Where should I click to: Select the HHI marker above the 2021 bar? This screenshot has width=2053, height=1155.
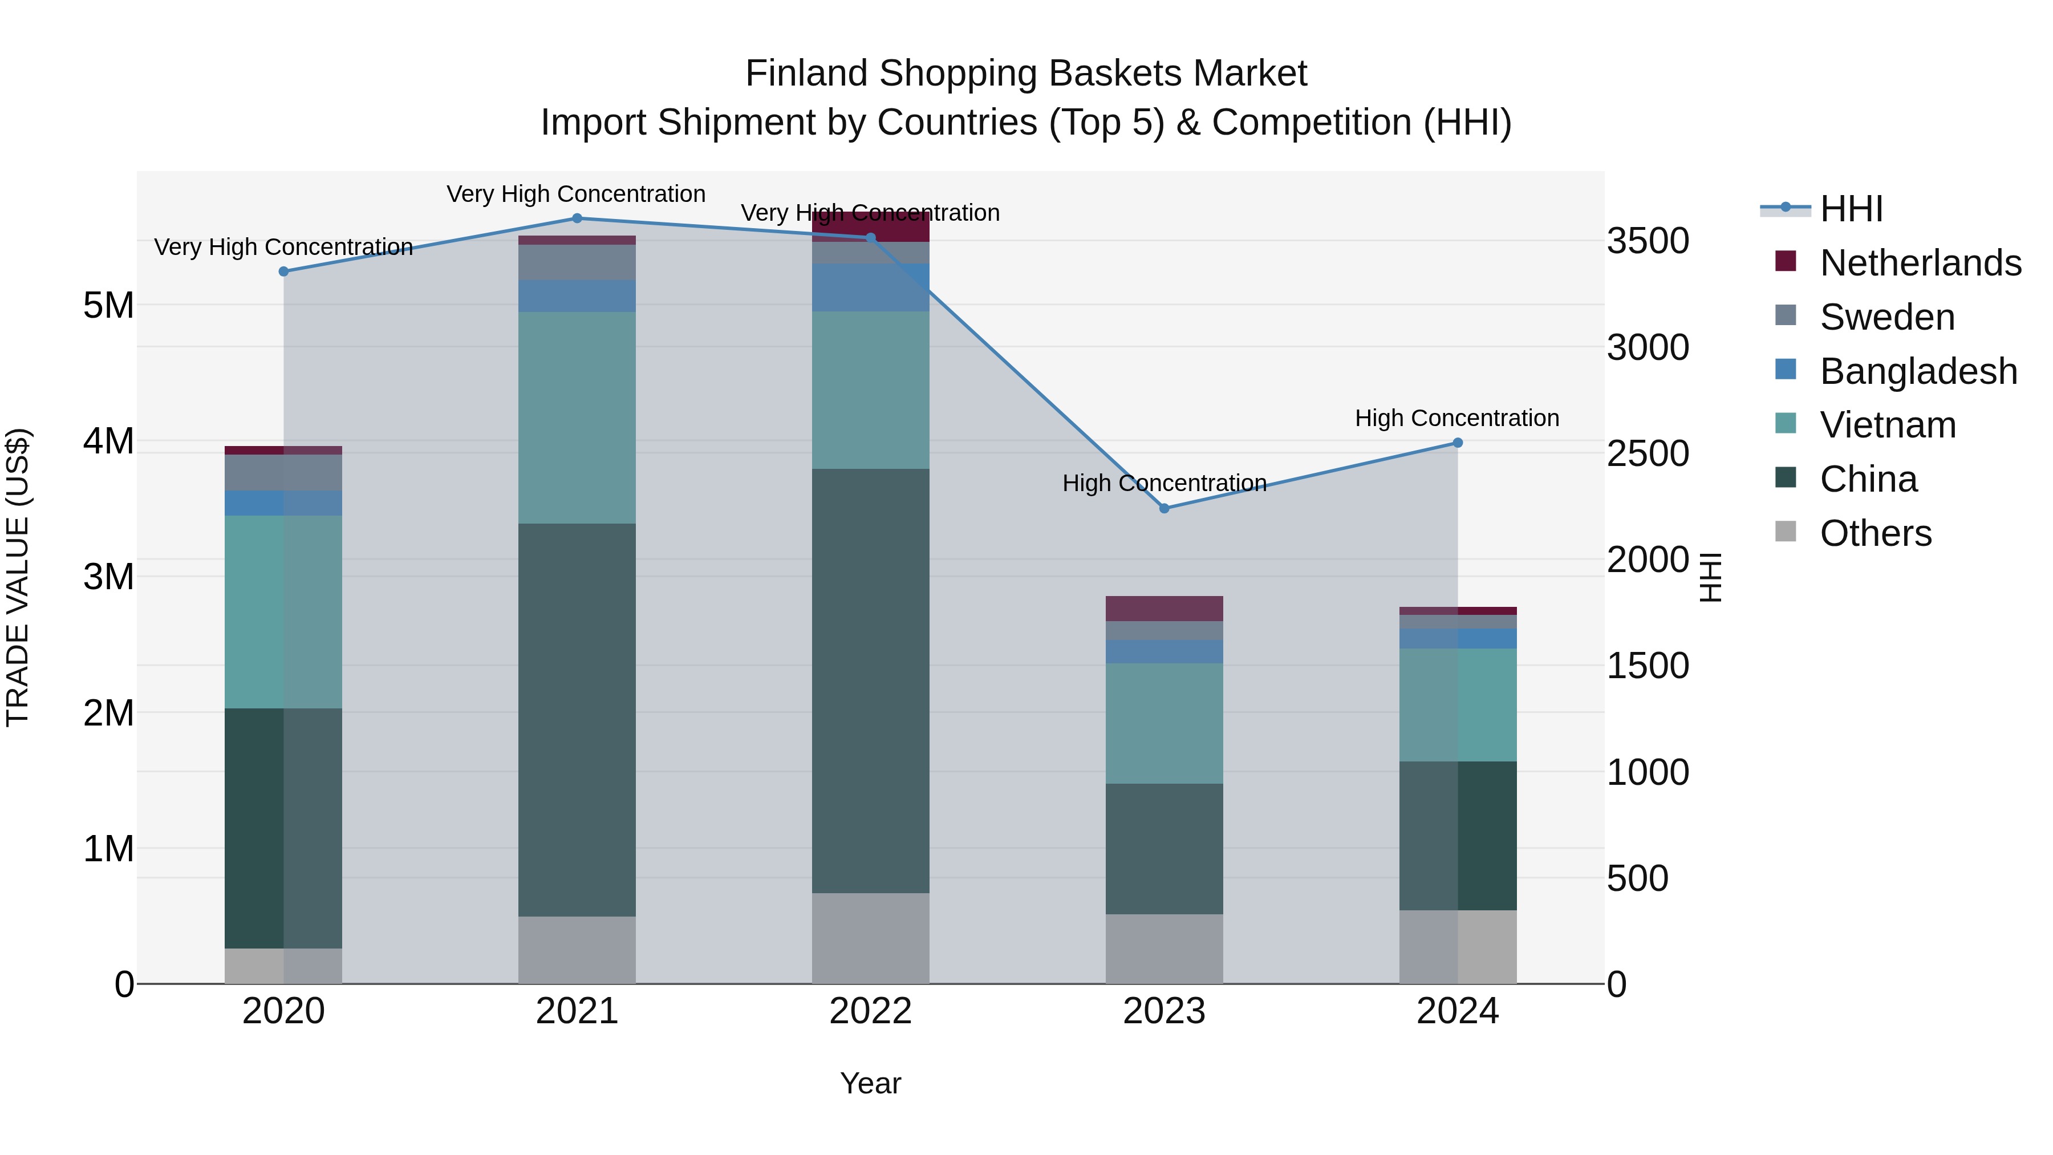pyautogui.click(x=577, y=218)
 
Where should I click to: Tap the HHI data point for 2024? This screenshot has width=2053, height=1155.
pyautogui.click(x=1458, y=443)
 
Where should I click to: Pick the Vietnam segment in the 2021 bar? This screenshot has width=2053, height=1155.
pyautogui.click(x=577, y=417)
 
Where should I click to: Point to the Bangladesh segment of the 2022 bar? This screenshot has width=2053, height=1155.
pyautogui.click(x=870, y=288)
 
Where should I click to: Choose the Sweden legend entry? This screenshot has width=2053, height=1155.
pyautogui.click(x=1886, y=317)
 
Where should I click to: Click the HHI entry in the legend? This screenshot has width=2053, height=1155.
pyautogui.click(x=1851, y=209)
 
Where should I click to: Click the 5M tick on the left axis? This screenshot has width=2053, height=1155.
pyautogui.click(x=108, y=305)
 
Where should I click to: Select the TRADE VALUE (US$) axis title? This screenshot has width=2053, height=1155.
pyautogui.click(x=18, y=577)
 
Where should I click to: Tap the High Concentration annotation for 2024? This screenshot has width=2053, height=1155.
pyautogui.click(x=1457, y=419)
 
